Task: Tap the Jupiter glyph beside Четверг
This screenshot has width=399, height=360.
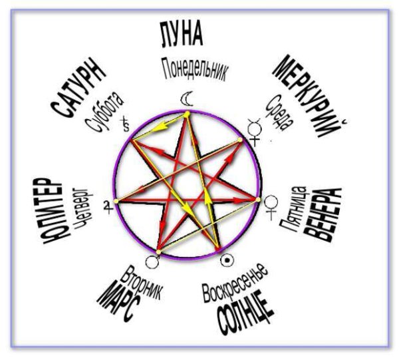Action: click(x=106, y=208)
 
